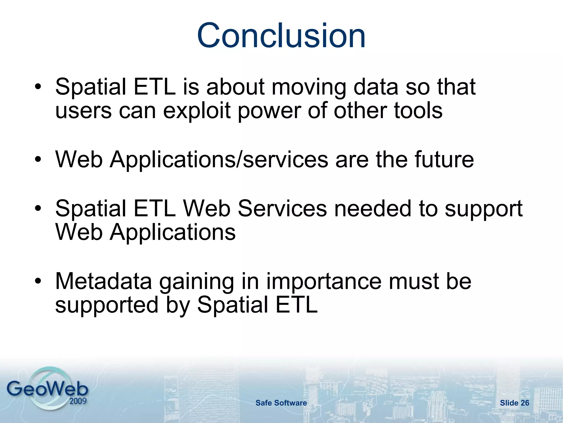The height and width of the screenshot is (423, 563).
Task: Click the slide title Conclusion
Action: point(281,36)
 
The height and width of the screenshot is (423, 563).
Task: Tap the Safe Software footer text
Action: point(281,403)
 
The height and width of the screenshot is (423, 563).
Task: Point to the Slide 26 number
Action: point(514,403)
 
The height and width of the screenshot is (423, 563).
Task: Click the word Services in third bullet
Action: point(282,208)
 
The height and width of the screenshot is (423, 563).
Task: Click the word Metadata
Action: point(104,281)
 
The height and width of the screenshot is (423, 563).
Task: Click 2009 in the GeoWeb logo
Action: point(78,401)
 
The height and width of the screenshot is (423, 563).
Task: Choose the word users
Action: point(83,111)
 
